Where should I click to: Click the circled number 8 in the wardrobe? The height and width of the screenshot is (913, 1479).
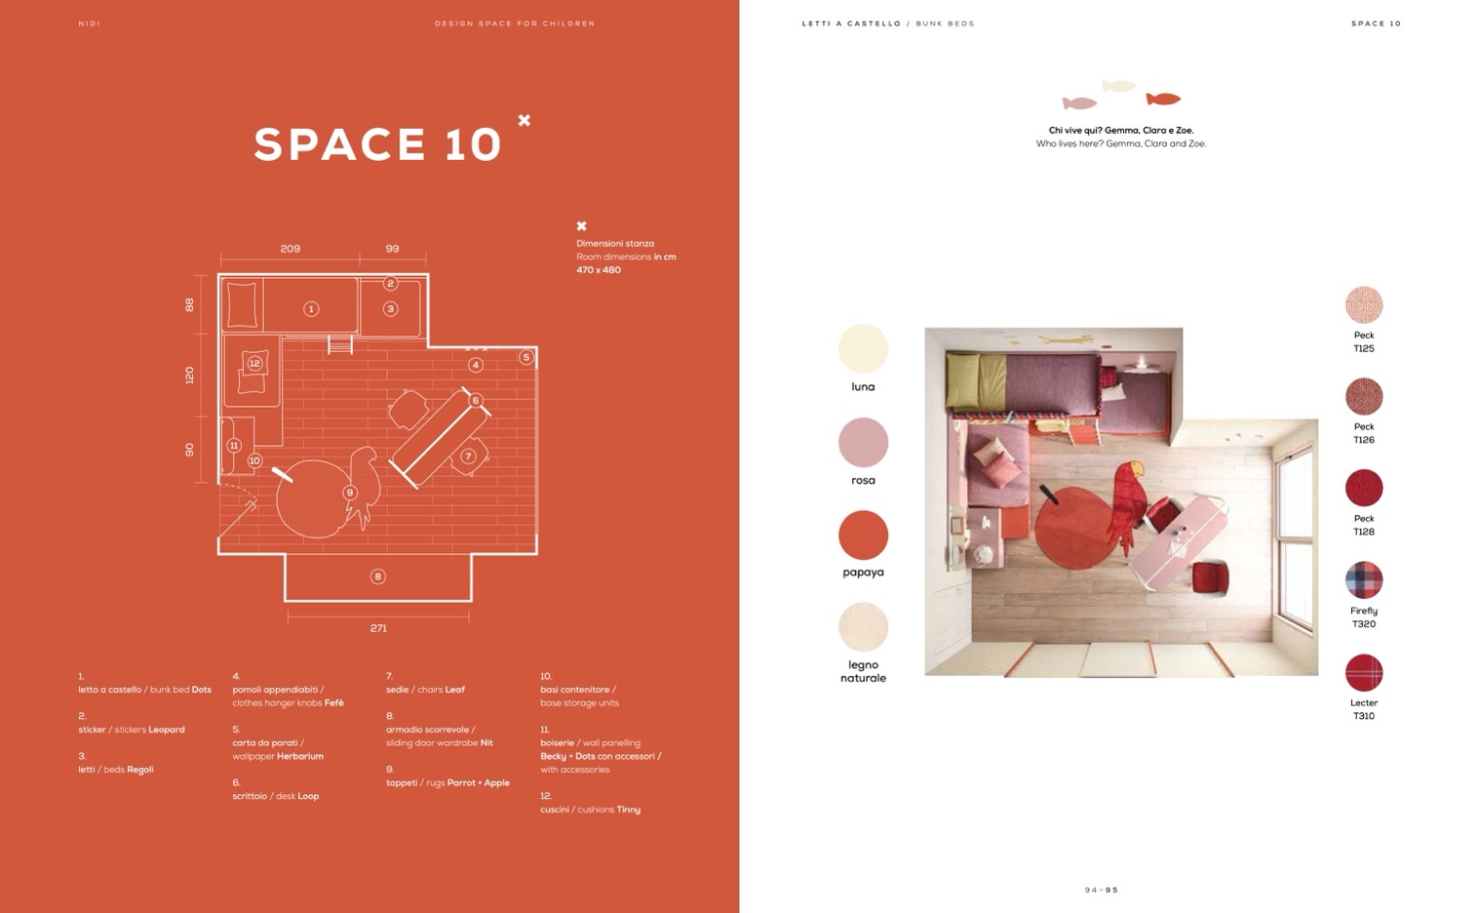pos(377,576)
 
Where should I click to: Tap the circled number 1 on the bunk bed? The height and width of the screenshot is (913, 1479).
pos(311,309)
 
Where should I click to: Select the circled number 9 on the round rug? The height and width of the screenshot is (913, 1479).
pos(350,493)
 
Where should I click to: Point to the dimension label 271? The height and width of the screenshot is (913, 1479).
pos(378,628)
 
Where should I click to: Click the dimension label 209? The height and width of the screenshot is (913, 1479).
pos(290,249)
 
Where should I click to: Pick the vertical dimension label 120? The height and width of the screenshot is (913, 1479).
pos(189,376)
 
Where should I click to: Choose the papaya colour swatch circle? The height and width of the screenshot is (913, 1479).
pos(863,536)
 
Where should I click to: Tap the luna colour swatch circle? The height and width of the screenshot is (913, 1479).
pos(863,349)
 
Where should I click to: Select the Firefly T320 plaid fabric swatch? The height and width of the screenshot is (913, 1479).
pos(1363,580)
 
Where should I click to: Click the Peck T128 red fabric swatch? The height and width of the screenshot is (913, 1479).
pos(1363,489)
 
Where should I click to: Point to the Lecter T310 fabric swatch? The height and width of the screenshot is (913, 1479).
pos(1363,672)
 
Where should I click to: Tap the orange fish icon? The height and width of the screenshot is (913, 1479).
pos(1163,99)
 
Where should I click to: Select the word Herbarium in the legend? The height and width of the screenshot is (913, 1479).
pos(300,756)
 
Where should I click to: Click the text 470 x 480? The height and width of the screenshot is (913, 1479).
pos(599,269)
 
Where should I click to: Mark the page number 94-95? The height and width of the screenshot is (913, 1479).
pos(1102,890)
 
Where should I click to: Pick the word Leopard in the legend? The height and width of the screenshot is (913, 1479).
pos(167,730)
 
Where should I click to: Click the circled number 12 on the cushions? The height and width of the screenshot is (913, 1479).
pos(254,364)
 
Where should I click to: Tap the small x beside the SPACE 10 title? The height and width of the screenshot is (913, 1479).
pos(525,120)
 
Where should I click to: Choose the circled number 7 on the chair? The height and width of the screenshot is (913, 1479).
pos(468,456)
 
